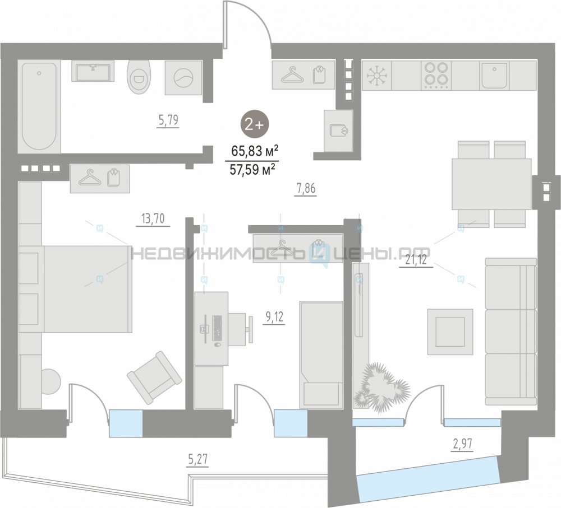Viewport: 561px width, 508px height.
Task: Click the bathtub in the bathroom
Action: pos(39,107)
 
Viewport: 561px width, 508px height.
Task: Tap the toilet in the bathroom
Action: pos(139,77)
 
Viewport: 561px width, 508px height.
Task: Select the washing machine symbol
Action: pos(183,78)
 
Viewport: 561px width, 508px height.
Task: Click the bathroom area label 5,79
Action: pos(168,120)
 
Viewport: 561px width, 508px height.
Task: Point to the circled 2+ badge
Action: pos(254,124)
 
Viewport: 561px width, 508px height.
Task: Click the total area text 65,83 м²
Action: pos(254,151)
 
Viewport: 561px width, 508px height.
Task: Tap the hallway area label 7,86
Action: pos(306,188)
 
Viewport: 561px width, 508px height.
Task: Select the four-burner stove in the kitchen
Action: pos(436,76)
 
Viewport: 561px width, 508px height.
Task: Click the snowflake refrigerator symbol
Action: pos(376,76)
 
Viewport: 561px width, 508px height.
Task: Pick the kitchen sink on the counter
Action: pos(494,76)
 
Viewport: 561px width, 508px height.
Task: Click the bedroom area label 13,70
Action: pos(153,218)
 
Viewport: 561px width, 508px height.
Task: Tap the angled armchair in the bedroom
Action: pos(154,377)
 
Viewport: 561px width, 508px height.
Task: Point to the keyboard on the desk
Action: pos(217,328)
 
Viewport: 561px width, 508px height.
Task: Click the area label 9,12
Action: pos(274,317)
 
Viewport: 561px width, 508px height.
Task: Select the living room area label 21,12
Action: pos(416,260)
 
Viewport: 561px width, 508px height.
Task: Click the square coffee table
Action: pos(450,332)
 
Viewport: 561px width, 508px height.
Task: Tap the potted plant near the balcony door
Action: pos(381,387)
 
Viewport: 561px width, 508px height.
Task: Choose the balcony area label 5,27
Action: pos(197,459)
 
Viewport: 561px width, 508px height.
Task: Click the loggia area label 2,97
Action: pos(463,444)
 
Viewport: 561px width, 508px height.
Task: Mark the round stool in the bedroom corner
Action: pos(50,381)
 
